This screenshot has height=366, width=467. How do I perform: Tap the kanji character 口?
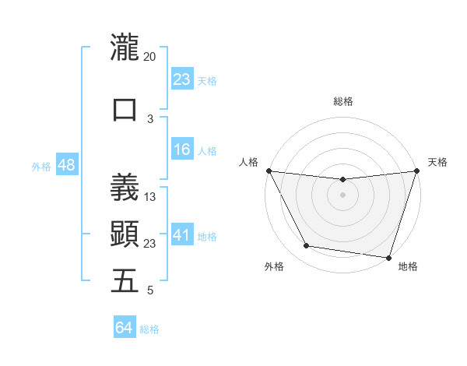coord(124,109)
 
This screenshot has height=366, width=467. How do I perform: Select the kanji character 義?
coord(124,187)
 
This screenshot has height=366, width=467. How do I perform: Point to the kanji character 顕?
coord(124,234)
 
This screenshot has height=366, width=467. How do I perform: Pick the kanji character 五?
coord(124,281)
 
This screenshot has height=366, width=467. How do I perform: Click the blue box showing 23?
coord(181,79)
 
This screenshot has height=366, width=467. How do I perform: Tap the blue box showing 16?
coord(181,150)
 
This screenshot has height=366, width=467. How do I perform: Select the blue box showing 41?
coord(181,236)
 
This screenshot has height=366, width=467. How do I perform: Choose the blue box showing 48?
coord(66,166)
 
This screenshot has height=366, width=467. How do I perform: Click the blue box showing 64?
coord(124,328)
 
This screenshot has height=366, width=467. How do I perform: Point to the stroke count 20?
coord(149,56)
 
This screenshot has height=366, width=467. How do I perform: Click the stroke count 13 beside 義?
coord(151,196)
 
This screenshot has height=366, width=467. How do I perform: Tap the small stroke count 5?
coord(150,290)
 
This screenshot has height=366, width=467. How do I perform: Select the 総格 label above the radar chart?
coord(342,101)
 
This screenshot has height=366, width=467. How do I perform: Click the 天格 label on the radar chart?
coord(437,162)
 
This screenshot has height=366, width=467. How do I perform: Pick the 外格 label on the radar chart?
coord(274,266)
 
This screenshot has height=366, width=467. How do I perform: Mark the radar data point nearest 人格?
coord(269,171)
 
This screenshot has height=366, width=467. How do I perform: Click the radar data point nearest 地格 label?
coord(388,257)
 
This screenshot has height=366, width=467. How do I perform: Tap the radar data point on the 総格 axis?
coord(342,180)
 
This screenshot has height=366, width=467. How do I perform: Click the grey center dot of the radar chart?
coord(342,195)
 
